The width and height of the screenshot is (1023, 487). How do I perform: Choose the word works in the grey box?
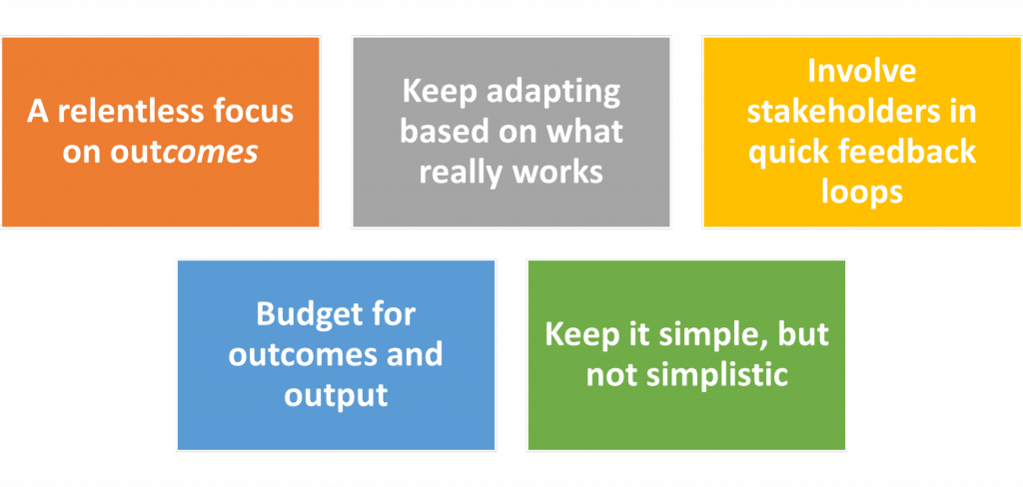[556, 173]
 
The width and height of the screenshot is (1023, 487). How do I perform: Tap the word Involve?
[862, 71]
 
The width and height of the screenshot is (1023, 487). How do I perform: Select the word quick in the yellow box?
[788, 153]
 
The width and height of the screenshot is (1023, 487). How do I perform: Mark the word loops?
[862, 193]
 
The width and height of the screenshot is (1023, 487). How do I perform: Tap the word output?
[336, 396]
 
